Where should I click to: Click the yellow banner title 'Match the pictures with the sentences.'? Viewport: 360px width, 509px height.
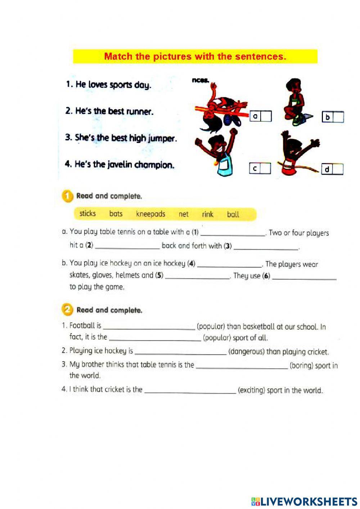[x=195, y=57]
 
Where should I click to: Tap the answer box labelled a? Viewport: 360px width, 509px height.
[x=266, y=116]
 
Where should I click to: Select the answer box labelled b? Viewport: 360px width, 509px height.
[x=338, y=117]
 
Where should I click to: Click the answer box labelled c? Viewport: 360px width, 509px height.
[x=265, y=168]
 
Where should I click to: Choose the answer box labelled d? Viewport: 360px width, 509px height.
[x=337, y=169]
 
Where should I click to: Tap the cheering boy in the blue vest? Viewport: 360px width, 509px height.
[x=218, y=153]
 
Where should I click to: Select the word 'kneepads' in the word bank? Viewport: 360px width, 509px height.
[x=150, y=214]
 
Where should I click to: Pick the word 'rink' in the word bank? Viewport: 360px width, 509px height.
[x=207, y=214]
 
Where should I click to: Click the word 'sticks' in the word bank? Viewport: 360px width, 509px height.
[x=87, y=213]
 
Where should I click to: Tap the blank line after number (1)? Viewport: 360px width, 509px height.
[x=233, y=233]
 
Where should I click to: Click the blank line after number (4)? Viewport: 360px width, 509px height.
[x=229, y=265]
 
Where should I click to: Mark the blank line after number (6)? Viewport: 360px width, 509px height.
[x=304, y=277]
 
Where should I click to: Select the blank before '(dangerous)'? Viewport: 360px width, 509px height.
[x=180, y=352]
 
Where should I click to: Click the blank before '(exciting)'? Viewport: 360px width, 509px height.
[x=190, y=391]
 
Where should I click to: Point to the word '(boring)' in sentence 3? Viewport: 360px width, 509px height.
[x=301, y=366]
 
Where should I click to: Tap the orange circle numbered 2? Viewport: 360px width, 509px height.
[x=67, y=310]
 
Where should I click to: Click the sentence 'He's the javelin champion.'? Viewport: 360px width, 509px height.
[x=120, y=165]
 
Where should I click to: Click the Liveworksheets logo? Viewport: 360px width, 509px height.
[x=304, y=501]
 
